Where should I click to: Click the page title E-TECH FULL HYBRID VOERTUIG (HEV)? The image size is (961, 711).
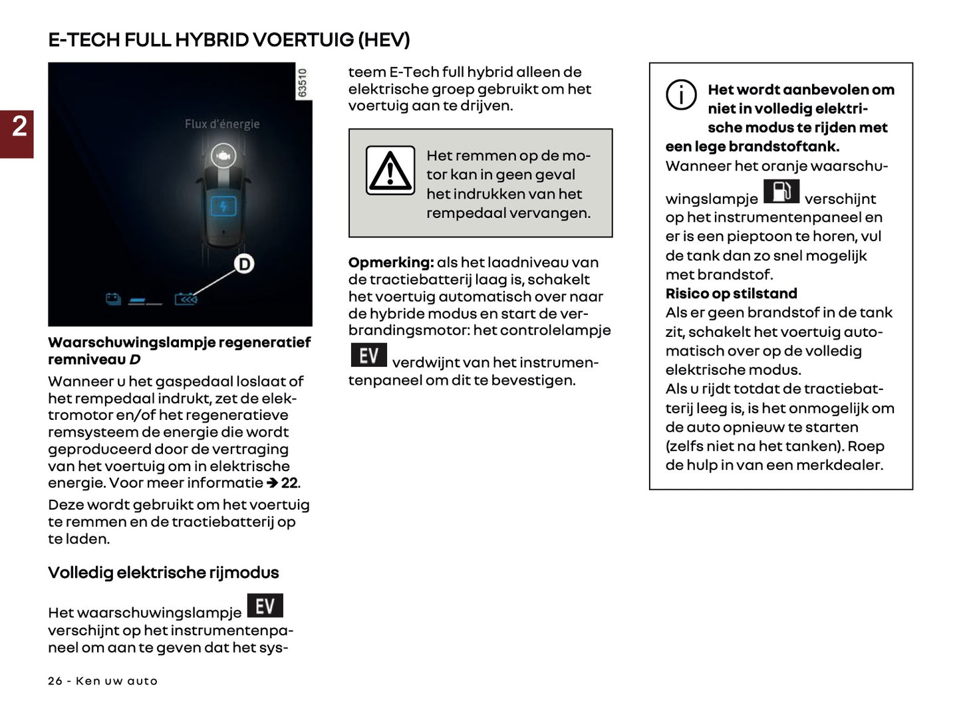[x=229, y=40]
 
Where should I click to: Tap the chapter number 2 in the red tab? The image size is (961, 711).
[x=19, y=126]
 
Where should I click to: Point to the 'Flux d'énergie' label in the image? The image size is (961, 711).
[x=221, y=124]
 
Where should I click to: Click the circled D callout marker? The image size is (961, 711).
[x=244, y=264]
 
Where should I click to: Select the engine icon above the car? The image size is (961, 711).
[x=223, y=155]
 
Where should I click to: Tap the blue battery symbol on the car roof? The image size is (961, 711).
[x=223, y=206]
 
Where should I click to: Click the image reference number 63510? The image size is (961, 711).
[x=303, y=83]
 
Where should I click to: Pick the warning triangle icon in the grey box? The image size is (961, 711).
[x=390, y=171]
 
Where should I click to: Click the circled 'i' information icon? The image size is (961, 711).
[x=681, y=95]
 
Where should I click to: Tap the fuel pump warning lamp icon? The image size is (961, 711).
[x=781, y=192]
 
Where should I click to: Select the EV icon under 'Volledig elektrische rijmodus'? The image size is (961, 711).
[x=265, y=605]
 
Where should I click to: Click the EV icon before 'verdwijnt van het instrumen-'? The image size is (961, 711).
[x=368, y=355]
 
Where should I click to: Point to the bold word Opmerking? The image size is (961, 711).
[x=391, y=262]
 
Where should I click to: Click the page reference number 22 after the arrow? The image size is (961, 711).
[x=289, y=483]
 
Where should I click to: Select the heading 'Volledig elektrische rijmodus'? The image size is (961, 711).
[x=164, y=573]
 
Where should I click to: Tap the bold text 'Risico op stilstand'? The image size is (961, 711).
[x=731, y=294]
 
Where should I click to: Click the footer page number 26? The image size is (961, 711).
[x=55, y=681]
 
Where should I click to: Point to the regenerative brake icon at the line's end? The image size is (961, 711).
[x=186, y=300]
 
